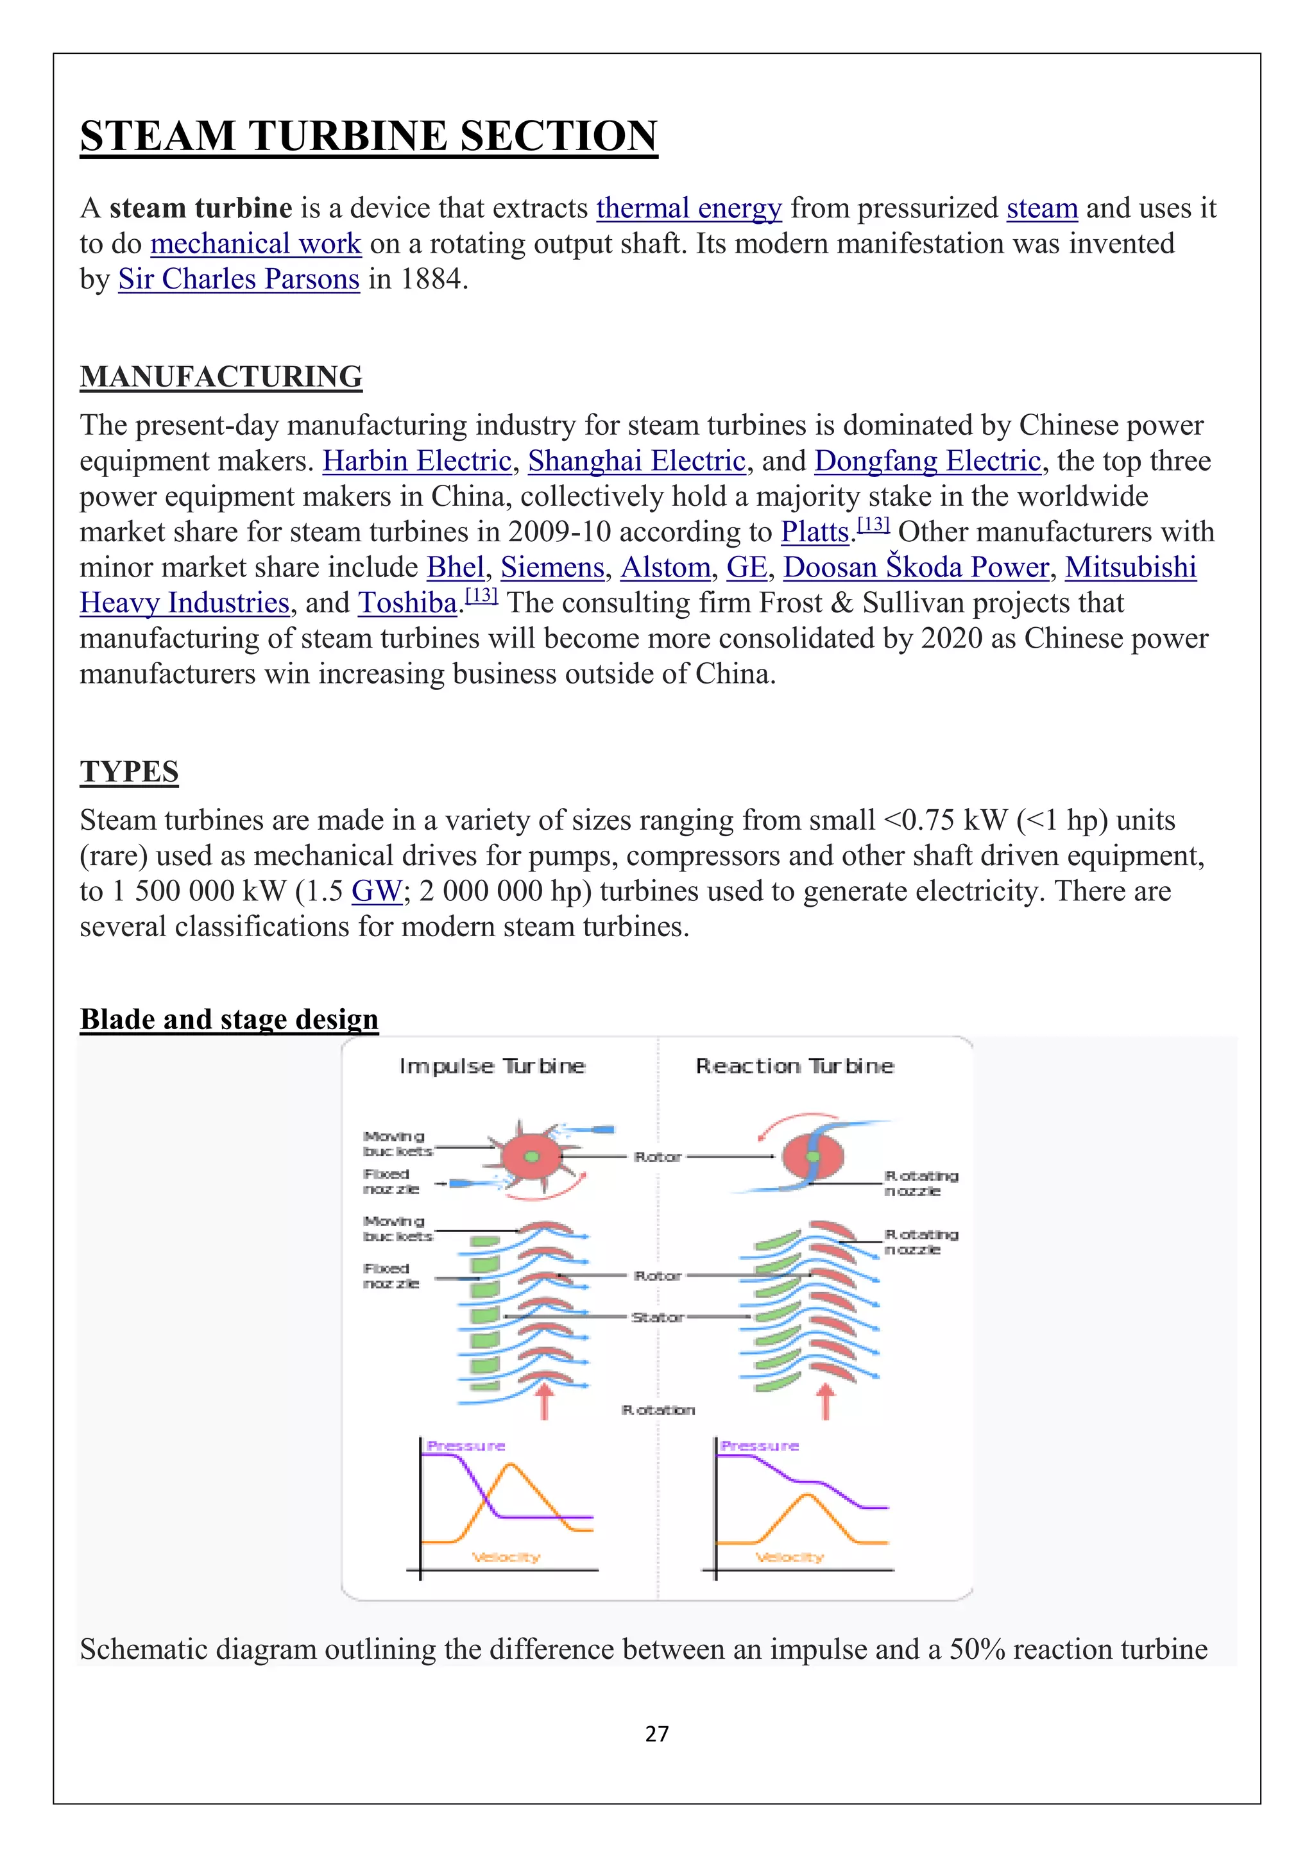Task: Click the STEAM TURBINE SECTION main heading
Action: [368, 136]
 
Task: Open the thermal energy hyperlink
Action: [688, 208]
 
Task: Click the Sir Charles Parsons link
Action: [239, 279]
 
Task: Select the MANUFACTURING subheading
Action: [221, 377]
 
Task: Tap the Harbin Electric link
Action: [416, 461]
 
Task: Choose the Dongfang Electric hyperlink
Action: [927, 461]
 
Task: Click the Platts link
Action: [814, 532]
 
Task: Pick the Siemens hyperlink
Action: [552, 567]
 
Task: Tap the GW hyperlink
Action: [376, 891]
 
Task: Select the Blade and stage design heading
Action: [229, 1019]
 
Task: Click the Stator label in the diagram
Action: [657, 1318]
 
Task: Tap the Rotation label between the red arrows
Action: [657, 1409]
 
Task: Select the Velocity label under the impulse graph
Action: [506, 1557]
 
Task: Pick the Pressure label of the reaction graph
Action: [759, 1445]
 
